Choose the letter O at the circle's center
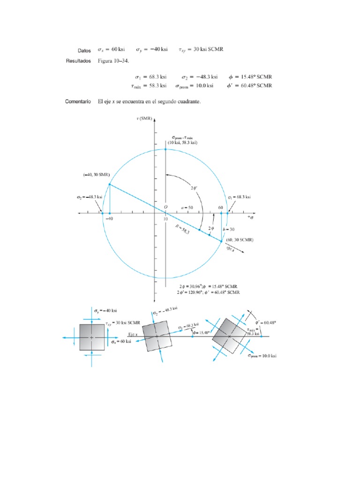[165, 207]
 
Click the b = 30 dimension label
[229, 229]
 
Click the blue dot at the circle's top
[165, 149]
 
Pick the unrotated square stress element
[92, 337]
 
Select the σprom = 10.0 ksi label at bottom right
[262, 356]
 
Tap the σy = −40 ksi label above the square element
[105, 310]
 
